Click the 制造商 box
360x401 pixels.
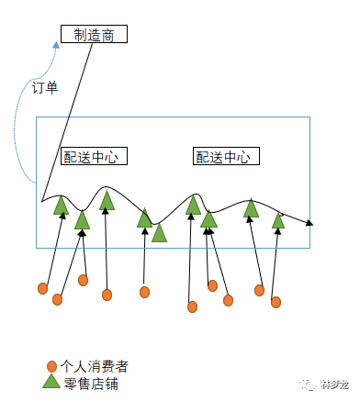[93, 35]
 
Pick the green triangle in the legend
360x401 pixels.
[51, 382]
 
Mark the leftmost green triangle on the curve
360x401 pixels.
[61, 206]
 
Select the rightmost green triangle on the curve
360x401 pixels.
[278, 220]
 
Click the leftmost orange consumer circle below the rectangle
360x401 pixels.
[42, 288]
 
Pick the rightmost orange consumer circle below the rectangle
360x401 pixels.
[275, 301]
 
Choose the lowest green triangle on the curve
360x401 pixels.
[159, 233]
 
